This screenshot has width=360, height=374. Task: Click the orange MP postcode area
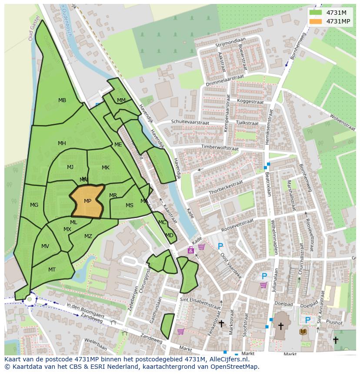click(87, 201)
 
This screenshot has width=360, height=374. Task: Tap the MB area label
click(62, 100)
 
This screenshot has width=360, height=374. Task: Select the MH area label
click(62, 143)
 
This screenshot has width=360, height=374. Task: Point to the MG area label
click(34, 205)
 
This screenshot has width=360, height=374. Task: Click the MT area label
click(52, 270)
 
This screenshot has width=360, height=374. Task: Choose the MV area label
click(45, 246)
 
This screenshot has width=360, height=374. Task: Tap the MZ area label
click(88, 236)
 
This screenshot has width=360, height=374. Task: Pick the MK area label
click(106, 168)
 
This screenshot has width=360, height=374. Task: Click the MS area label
click(130, 205)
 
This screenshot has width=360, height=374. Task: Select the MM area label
click(121, 100)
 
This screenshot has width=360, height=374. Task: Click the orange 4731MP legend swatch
click(316, 21)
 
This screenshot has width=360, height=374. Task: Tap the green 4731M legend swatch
click(316, 13)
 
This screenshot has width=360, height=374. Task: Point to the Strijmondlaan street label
click(230, 42)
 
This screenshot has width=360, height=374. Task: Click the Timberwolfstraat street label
click(226, 147)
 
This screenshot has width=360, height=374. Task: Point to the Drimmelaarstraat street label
click(219, 80)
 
